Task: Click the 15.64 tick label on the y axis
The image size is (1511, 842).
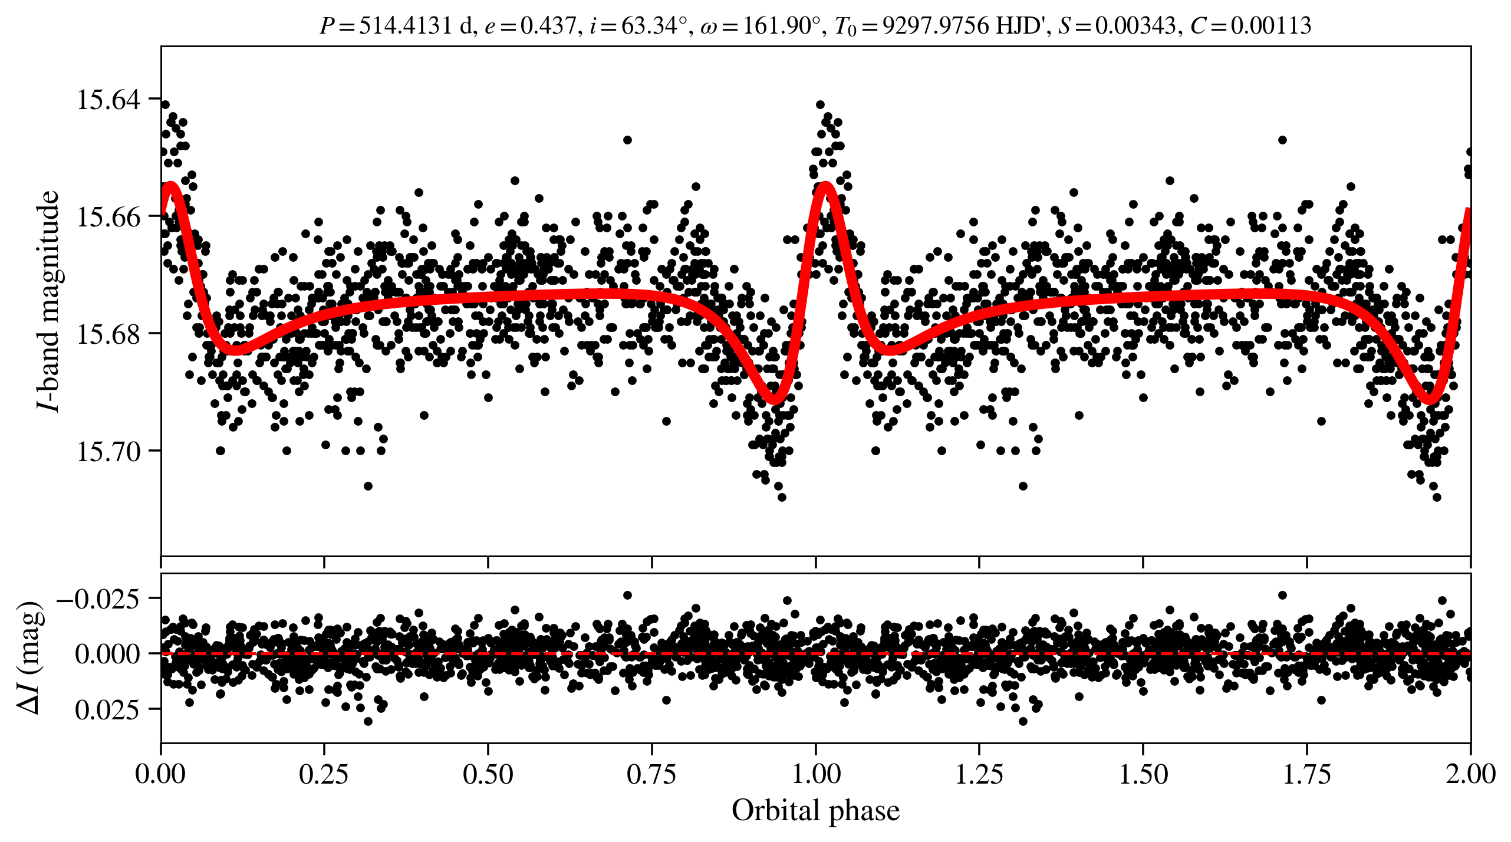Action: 109,99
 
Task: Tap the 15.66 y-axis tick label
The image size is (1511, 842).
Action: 109,216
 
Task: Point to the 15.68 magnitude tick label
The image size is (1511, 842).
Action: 109,334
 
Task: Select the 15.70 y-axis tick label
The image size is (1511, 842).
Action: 109,451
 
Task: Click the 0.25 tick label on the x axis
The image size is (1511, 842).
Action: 324,774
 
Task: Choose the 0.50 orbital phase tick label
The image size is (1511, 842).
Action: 488,774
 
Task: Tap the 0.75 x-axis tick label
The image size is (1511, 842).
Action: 651,774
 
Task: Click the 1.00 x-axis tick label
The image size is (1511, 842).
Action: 816,774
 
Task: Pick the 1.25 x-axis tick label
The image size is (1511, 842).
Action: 979,774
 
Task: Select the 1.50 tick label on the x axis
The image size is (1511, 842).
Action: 1143,774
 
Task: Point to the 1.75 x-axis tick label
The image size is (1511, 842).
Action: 1307,774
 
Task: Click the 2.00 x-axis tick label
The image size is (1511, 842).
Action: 1470,774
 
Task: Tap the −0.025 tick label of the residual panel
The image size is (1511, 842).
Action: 98,598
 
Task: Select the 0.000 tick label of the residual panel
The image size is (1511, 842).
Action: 107,653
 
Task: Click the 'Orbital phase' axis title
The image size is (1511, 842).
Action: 816,810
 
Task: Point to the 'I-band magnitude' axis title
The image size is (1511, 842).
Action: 48,301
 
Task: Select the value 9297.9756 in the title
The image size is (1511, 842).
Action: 937,25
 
